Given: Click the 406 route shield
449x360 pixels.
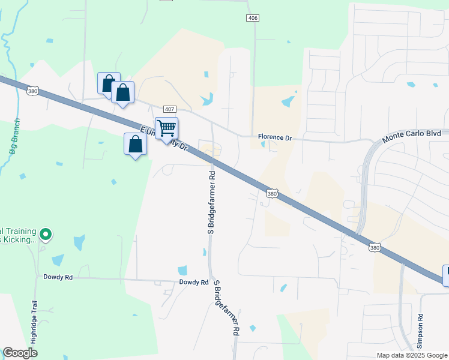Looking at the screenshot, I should (x=253, y=19).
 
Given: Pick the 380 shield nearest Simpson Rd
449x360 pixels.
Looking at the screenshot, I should (x=375, y=247).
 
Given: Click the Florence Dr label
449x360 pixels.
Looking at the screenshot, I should (x=275, y=137).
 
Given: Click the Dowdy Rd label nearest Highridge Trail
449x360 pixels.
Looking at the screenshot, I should (x=58, y=277).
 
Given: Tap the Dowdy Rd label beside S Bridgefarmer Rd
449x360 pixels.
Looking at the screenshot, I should (x=193, y=282).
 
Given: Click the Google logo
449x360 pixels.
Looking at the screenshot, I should (x=20, y=353).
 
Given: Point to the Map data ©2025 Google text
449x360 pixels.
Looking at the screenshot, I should (x=411, y=355).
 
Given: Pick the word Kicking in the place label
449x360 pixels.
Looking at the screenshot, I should (x=22, y=240).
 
